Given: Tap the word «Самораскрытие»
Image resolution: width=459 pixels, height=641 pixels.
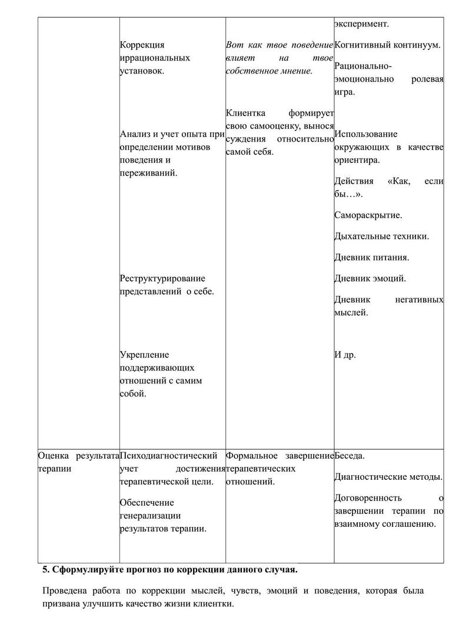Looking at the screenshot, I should coord(368,215).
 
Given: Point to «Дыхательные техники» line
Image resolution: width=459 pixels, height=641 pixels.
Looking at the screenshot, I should coord(381,236).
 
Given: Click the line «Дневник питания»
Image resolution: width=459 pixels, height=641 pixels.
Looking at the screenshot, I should coord(371,258).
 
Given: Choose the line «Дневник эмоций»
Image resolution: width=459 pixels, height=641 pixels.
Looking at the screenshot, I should coord(370,279).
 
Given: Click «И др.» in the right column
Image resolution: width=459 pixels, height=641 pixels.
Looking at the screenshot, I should coord(345,355).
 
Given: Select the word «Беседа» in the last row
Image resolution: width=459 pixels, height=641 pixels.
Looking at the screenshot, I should coord(350,456).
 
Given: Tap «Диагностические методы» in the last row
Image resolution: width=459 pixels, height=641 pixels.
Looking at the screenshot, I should coord(387,477).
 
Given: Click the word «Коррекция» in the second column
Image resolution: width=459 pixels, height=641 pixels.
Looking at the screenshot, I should coord(142,45).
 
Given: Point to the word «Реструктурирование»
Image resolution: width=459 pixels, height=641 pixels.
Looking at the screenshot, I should coord(162,278).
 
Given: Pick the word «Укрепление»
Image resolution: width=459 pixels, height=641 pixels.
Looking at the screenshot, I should coord(144,355).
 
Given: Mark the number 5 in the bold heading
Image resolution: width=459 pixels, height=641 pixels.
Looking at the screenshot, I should coord(45,570).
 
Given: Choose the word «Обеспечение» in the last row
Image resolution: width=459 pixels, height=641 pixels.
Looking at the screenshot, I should coord(147,503).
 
